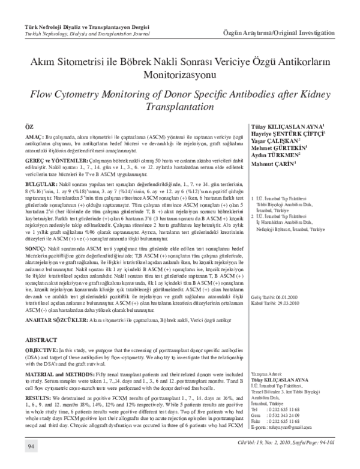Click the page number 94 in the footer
click(29, 463)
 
